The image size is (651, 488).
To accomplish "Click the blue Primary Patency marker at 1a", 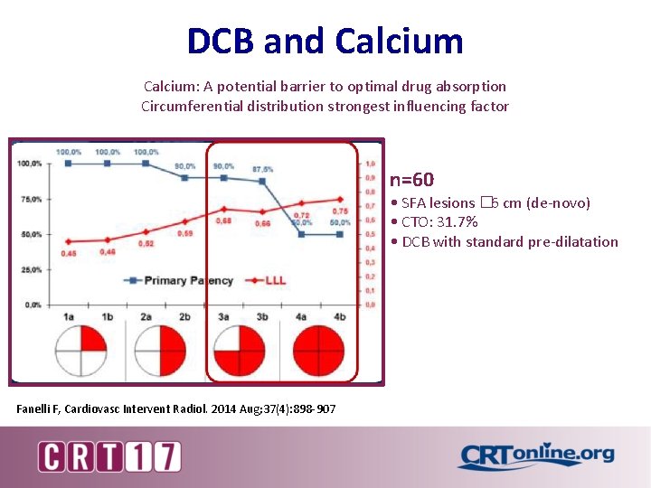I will click(x=70, y=164).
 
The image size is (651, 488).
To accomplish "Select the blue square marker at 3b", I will click(x=262, y=181).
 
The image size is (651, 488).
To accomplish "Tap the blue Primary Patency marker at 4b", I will click(x=340, y=234).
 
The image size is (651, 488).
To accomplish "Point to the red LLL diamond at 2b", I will click(x=185, y=221).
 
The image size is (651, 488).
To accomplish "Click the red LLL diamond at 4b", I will click(x=340, y=200).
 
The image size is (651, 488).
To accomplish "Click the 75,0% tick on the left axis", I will click(x=31, y=199).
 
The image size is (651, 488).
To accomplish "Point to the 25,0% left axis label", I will click(x=31, y=269).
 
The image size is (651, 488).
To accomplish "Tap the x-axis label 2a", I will click(x=146, y=317).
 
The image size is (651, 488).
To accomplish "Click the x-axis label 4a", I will click(x=301, y=317).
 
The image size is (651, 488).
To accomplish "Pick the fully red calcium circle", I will click(x=320, y=352).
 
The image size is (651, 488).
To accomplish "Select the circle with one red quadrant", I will click(x=81, y=352).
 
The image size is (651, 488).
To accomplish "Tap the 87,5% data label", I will click(x=262, y=169).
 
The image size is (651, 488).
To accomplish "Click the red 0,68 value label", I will click(x=224, y=221).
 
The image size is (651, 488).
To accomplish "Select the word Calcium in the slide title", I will click(x=399, y=42).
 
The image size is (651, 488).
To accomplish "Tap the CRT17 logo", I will click(x=109, y=456).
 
